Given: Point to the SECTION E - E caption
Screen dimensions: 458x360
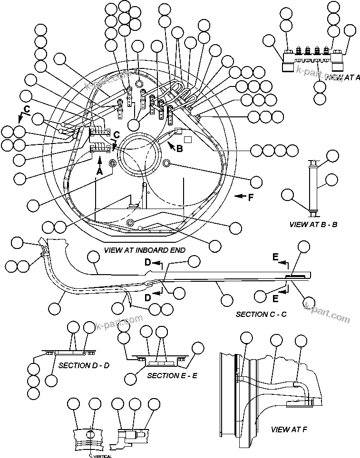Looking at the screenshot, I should [x=172, y=375].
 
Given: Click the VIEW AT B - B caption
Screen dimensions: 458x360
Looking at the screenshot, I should [x=313, y=224].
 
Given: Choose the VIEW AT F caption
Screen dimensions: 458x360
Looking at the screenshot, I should [x=289, y=429].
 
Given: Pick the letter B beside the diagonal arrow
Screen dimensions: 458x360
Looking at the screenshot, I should [x=179, y=149].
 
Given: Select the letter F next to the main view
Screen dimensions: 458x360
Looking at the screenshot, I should [x=251, y=197].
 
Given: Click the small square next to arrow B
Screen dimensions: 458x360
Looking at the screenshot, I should [x=187, y=140].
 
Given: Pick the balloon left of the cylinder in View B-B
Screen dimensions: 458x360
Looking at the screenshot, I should [x=289, y=194].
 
